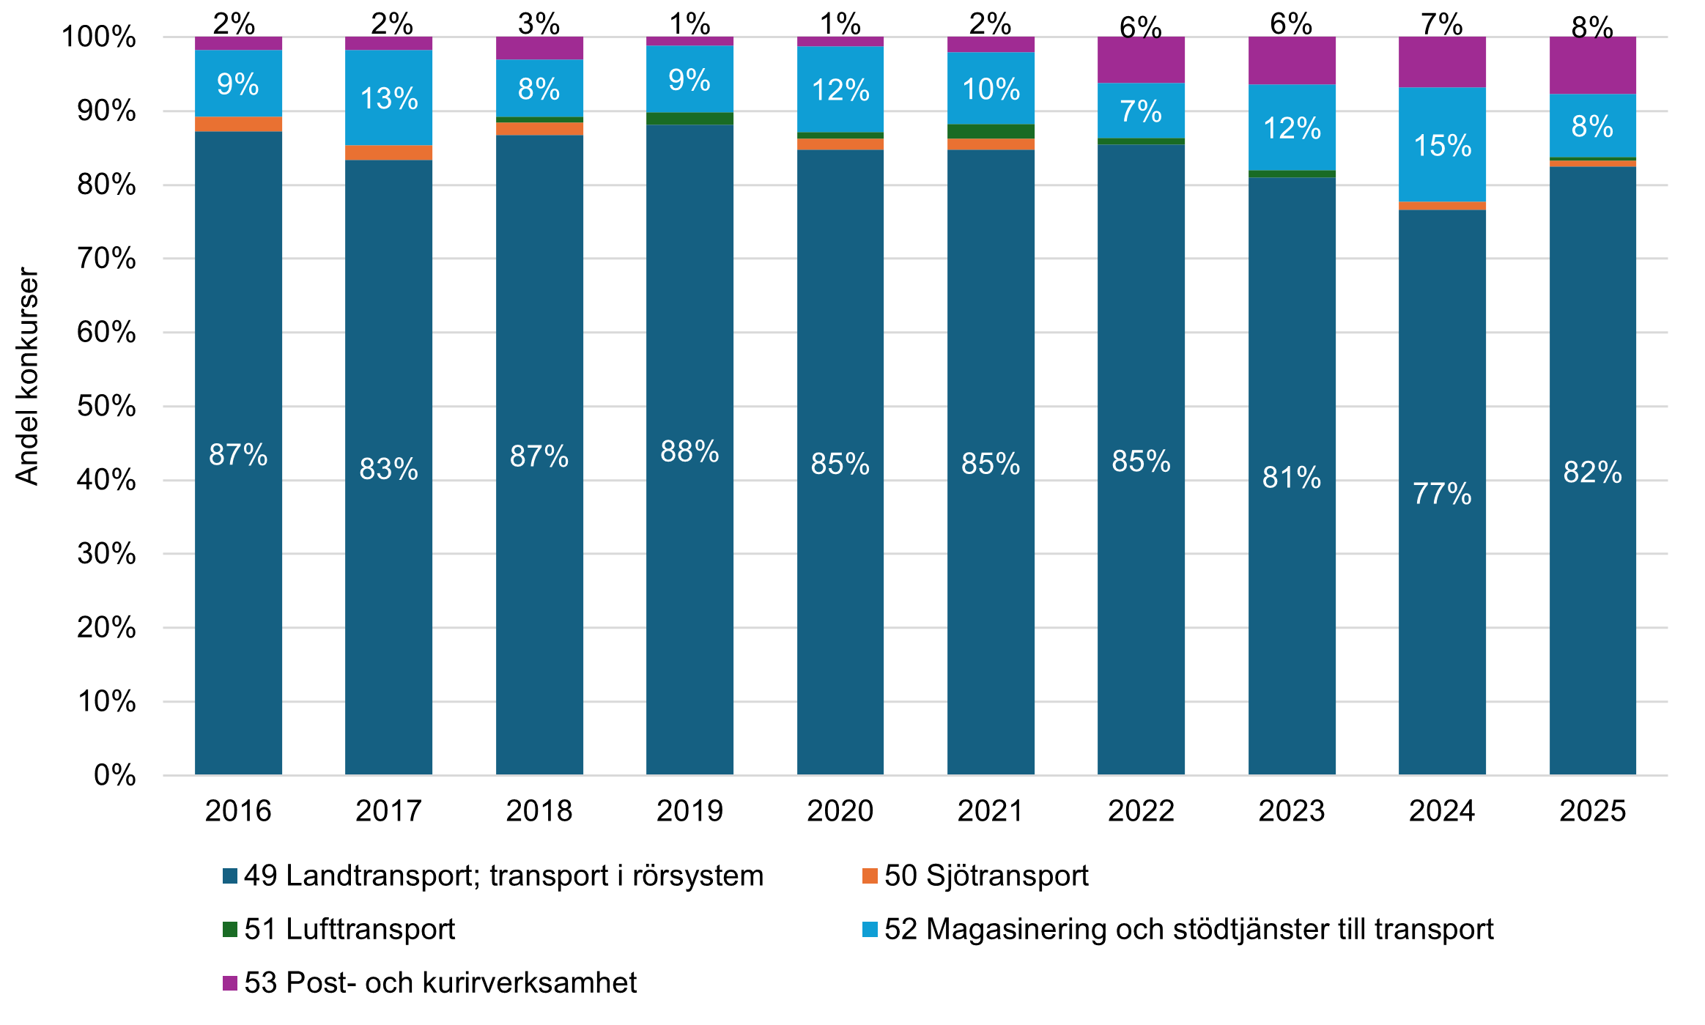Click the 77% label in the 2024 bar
pyautogui.click(x=1441, y=494)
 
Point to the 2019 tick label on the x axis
pyautogui.click(x=689, y=811)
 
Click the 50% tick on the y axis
pyautogui.click(x=106, y=407)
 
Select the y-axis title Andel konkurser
pyautogui.click(x=27, y=376)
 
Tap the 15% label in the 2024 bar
pyautogui.click(x=1441, y=146)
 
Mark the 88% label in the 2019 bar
pyautogui.click(x=689, y=451)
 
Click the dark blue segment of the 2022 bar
pyautogui.click(x=1141, y=586)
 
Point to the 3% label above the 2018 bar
pyautogui.click(x=539, y=24)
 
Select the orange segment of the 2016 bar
pyautogui.click(x=238, y=124)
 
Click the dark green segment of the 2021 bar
pyautogui.click(x=991, y=131)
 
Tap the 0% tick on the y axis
pyautogui.click(x=114, y=776)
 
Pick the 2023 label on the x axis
pyautogui.click(x=1291, y=811)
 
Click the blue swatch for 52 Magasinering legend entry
pyautogui.click(x=870, y=930)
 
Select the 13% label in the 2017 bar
pyautogui.click(x=388, y=99)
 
